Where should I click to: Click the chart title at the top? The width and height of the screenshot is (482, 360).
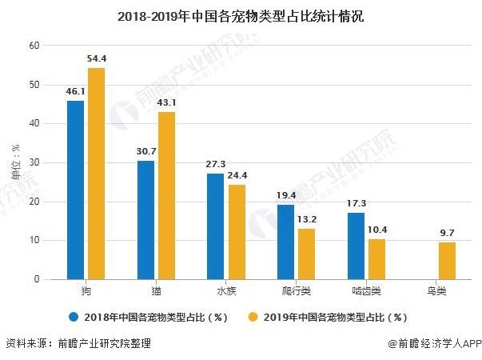click(x=240, y=15)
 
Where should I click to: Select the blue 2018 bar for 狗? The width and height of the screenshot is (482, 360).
click(x=76, y=190)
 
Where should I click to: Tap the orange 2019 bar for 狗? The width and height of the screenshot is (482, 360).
click(x=96, y=174)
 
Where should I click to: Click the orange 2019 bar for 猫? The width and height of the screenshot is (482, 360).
click(x=166, y=196)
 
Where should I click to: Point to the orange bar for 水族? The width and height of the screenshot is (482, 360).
click(x=237, y=232)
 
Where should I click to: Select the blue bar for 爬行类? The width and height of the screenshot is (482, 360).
click(x=286, y=242)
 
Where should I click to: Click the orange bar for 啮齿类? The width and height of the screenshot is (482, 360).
click(x=376, y=259)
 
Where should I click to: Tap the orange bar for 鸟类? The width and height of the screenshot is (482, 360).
click(x=447, y=261)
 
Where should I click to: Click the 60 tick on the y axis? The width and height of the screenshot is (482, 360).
click(x=34, y=46)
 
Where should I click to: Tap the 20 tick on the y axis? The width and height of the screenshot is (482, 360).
click(x=34, y=202)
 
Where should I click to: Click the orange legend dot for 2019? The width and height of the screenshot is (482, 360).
click(x=255, y=316)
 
